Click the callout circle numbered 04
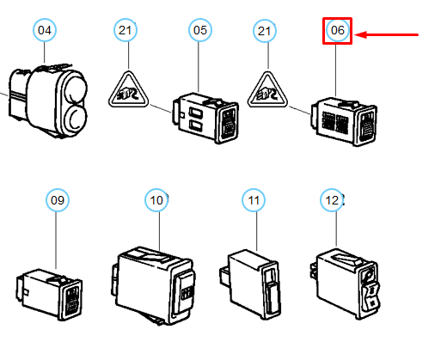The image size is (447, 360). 45,30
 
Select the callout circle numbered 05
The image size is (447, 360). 200,30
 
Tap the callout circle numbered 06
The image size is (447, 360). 338,30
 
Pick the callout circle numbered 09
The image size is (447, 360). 58,200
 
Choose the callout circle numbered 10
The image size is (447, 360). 156,200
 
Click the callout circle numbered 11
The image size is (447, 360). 254,200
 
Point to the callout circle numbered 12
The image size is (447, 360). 332,200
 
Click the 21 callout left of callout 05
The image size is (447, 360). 126,30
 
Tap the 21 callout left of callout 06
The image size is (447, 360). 265,31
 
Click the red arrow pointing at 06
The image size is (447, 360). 387,35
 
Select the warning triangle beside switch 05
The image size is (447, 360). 129,90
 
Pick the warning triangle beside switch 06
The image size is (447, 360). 267,90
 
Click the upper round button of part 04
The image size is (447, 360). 76,88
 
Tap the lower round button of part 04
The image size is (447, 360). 76,116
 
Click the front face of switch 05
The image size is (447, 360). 229,123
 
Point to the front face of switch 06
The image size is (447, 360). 366,126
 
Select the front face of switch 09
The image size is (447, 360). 71,300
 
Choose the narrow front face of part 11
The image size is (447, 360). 271,290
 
